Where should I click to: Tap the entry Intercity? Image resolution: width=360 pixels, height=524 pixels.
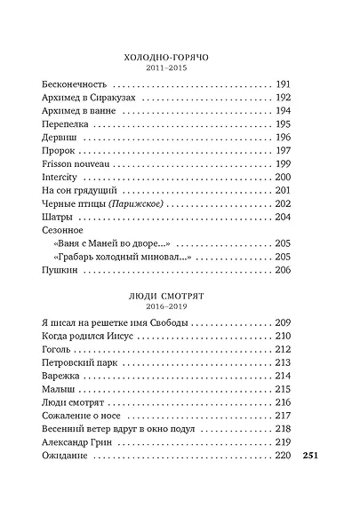60,178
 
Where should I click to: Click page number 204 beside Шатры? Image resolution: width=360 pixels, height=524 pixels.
284,218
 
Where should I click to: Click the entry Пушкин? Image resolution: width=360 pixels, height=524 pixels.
60,271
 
